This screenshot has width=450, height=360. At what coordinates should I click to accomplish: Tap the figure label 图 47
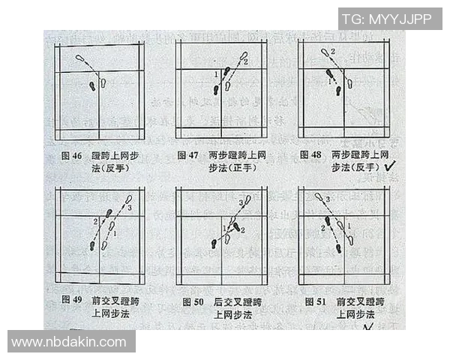click(187, 154)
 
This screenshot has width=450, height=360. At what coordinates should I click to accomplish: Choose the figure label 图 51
click(315, 301)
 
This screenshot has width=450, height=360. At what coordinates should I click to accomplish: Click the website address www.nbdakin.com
click(71, 342)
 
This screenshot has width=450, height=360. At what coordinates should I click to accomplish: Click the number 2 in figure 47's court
click(245, 62)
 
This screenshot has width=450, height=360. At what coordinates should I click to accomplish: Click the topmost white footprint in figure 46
click(79, 57)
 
